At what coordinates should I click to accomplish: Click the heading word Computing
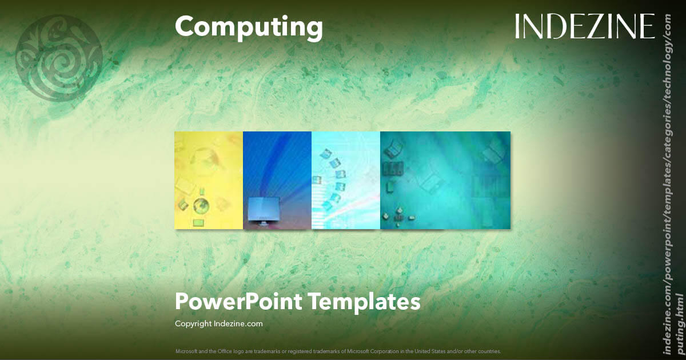(249, 27)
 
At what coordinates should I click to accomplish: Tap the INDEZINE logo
(584, 26)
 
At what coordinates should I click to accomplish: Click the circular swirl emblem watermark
(59, 58)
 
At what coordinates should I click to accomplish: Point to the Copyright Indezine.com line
(218, 323)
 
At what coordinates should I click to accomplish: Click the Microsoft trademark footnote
(338, 351)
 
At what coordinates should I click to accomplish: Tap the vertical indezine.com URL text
(671, 183)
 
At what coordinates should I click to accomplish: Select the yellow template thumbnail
(209, 181)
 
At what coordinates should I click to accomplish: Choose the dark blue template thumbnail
(277, 181)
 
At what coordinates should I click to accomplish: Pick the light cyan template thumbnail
(346, 181)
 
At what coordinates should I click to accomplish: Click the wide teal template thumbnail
(445, 181)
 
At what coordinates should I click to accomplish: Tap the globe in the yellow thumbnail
(200, 205)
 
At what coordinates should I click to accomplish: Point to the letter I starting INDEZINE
(517, 26)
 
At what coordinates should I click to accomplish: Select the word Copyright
(193, 323)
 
